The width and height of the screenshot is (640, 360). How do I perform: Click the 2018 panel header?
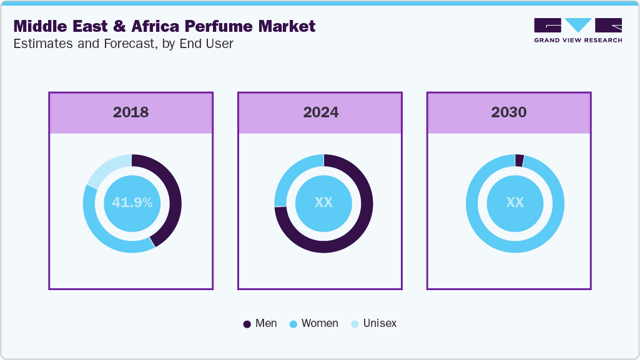(130, 113)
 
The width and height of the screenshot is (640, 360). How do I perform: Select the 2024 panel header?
(320, 113)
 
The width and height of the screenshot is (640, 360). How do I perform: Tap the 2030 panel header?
(508, 113)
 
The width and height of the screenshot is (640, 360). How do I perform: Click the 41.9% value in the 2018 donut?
(132, 203)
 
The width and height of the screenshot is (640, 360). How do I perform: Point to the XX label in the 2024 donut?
(323, 203)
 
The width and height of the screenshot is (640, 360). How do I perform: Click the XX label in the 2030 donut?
(514, 203)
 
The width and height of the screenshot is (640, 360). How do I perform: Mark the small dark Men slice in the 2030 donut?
(519, 160)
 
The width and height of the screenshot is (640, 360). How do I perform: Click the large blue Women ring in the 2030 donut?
(514, 247)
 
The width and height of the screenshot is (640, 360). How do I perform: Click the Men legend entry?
(260, 324)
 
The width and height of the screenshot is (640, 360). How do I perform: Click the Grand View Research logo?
(578, 30)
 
